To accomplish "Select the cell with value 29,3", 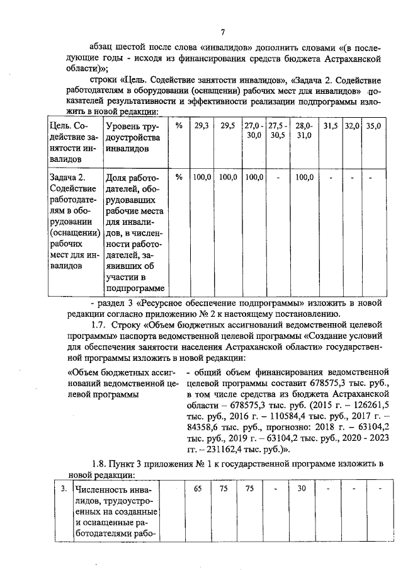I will [201, 127].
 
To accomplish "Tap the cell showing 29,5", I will [228, 127].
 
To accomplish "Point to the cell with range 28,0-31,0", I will [304, 131].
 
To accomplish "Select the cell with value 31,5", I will [331, 127].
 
